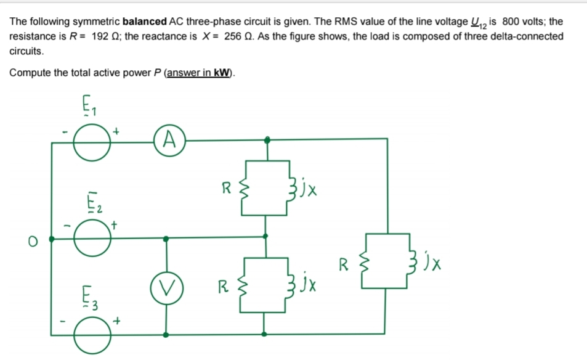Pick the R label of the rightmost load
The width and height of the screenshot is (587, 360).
346,266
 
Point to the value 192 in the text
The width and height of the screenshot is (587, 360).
100,36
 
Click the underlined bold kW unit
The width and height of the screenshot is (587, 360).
222,73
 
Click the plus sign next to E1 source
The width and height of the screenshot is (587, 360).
116,131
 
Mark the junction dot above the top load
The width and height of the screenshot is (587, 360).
266,140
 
